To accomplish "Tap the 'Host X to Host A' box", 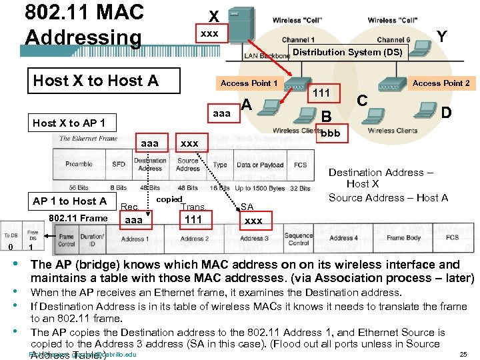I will coord(95,81).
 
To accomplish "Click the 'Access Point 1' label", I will coord(249,83).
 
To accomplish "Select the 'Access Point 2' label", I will coord(441,83).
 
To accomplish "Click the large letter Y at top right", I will coord(441,36).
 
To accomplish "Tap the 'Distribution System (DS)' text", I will coord(347,52).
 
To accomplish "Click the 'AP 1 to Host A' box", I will coord(69,201).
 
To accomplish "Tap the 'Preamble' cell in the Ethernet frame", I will coord(79,164).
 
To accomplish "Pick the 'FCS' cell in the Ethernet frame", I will coord(300,165).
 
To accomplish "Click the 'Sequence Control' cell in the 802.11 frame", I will coord(298,238).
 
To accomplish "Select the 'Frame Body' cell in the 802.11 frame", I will coord(404,237).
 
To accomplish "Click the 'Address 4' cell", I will coord(343,237).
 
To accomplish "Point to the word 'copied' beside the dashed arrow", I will coord(169,199).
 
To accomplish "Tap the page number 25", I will coord(463,355).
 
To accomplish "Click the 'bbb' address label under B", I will coord(330,133).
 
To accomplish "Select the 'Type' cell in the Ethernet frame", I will coord(220,165).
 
